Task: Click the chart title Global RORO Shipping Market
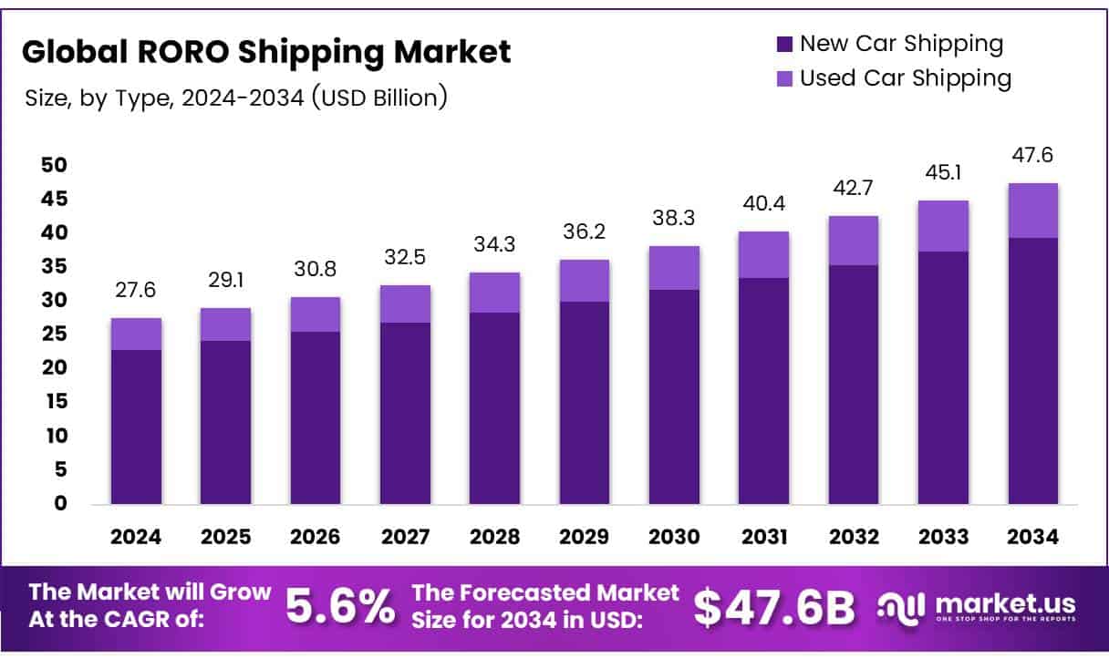click(266, 52)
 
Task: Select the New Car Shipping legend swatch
click(784, 44)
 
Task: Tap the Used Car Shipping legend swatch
click(784, 79)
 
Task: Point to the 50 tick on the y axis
click(54, 165)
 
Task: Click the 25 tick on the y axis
click(54, 334)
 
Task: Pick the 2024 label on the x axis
click(136, 537)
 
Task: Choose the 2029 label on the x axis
click(585, 537)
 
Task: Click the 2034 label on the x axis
click(1033, 537)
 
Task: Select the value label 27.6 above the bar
click(136, 291)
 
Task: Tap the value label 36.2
click(585, 232)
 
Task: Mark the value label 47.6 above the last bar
click(1033, 156)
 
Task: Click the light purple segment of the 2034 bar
click(1033, 211)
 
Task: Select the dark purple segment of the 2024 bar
click(136, 427)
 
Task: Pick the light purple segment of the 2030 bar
click(674, 268)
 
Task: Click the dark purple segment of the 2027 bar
click(405, 413)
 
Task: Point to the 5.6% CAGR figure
click(341, 607)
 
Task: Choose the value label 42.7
click(854, 189)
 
